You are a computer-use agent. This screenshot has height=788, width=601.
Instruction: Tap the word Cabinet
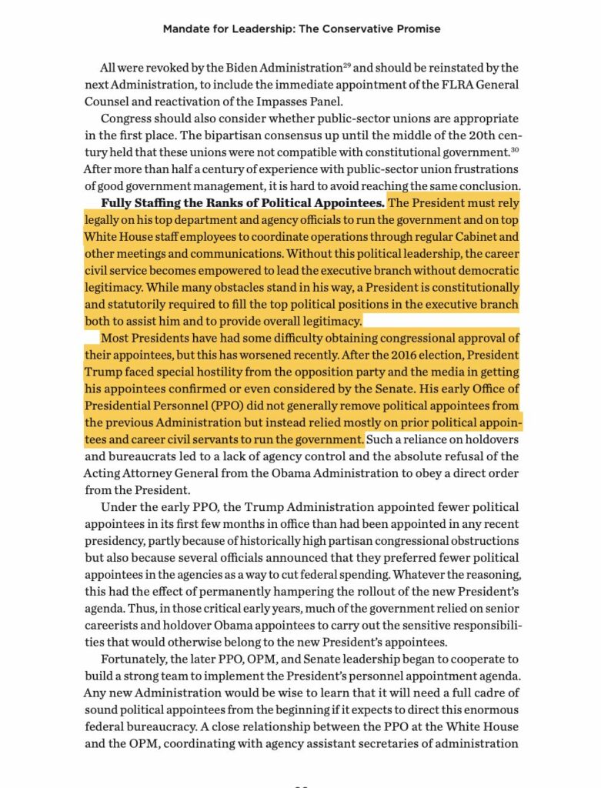[478, 237]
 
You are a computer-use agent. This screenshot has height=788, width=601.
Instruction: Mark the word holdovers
[492, 439]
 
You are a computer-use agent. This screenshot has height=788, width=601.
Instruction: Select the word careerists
[113, 625]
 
